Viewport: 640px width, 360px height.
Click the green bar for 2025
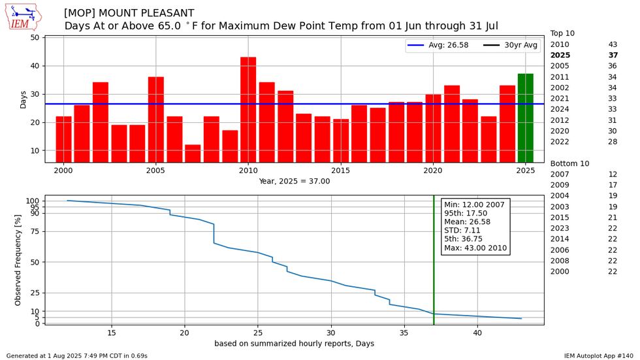click(525, 118)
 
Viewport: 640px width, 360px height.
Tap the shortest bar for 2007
click(193, 154)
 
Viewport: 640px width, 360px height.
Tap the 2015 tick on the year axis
click(341, 171)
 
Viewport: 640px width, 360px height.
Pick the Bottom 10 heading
click(569, 163)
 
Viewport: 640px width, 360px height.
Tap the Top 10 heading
click(562, 33)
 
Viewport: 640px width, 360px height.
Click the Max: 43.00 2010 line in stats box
click(474, 248)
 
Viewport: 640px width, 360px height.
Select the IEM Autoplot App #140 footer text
click(599, 355)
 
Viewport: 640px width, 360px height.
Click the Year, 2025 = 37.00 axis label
click(294, 181)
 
